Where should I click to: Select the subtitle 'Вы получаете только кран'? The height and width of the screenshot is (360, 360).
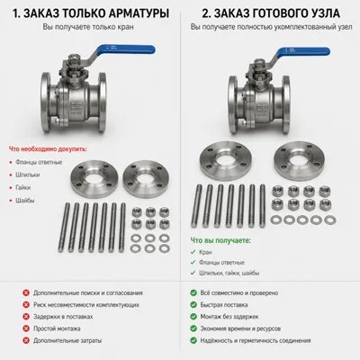click(89, 28)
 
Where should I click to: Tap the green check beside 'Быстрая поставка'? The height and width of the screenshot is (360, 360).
click(194, 305)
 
